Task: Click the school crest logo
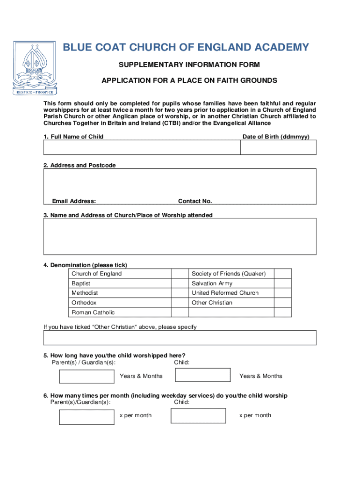coord(35,68)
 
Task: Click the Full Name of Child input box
coord(142,147)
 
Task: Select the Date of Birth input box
coord(278,147)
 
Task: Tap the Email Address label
coord(74,201)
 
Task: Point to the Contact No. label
coord(195,201)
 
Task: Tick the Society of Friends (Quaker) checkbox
coord(282,274)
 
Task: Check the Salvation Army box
coord(282,283)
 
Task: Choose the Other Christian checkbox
coord(282,303)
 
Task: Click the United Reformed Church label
coord(225,293)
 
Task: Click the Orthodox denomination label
coord(84,303)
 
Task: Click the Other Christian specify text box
coord(180,338)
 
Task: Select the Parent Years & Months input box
coord(86,376)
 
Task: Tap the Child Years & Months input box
coord(202,375)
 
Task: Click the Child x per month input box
coord(198,416)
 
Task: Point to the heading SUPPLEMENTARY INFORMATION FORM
coord(189,64)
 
